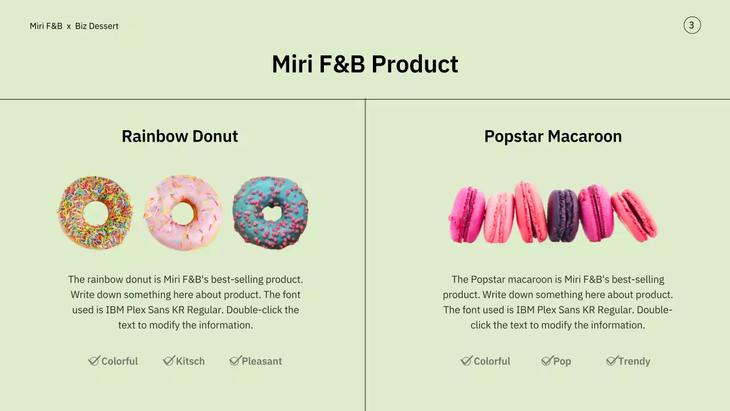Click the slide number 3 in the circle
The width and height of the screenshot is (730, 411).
pos(692,25)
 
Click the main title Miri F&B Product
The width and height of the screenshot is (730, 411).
pos(365,64)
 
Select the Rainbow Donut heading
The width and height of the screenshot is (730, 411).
pos(180,136)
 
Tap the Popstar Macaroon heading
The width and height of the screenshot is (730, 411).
pos(553,136)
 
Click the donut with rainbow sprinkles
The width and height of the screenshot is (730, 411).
pos(95,212)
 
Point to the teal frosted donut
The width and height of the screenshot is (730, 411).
pos(270,212)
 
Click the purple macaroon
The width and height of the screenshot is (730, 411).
pos(563,215)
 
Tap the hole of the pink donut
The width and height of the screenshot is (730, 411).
pos(183,213)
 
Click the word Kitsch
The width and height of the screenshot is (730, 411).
pos(190,361)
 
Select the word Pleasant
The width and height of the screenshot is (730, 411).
pos(262,361)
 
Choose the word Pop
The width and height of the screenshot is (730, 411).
pos(562,361)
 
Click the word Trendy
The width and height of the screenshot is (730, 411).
pos(634,361)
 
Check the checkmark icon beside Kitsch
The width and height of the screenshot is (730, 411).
pos(168,360)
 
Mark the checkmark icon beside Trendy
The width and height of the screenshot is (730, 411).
pos(611,360)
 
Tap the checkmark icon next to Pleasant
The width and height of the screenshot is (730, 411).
pos(235,360)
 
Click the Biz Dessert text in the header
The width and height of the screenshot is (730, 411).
pos(97,26)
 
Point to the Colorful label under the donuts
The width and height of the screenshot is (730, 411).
pos(120,361)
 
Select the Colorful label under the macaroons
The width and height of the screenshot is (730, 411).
pos(492,361)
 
